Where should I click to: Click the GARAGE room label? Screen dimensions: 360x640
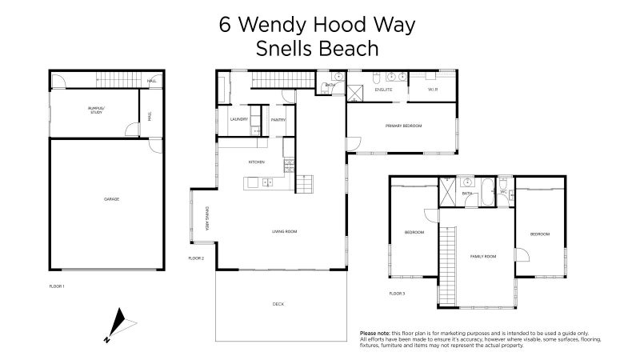[112, 198]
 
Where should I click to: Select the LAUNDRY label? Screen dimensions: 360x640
[238, 119]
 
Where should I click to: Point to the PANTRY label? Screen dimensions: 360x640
[278, 119]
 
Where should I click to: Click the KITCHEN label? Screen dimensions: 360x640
[256, 162]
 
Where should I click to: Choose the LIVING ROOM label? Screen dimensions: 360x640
[285, 231]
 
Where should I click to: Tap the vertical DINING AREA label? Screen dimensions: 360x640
[206, 219]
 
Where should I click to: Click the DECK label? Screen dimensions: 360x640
[278, 304]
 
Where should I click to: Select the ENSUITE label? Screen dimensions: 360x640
[384, 90]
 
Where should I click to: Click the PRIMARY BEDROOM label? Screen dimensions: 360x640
[403, 126]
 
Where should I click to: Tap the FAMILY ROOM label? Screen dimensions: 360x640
[483, 256]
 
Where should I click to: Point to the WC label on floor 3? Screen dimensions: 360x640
[504, 193]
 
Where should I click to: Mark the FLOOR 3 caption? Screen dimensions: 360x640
[397, 294]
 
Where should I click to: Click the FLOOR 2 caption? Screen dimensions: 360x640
[197, 258]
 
